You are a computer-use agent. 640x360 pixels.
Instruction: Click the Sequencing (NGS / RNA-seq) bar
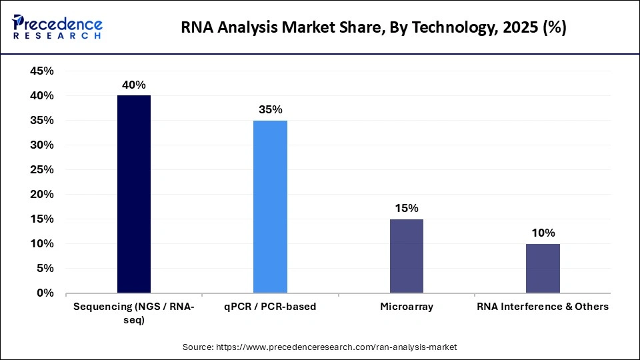coord(134,194)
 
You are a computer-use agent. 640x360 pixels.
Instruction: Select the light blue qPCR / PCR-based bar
coord(270,207)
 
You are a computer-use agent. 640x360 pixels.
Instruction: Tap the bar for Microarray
coord(406,256)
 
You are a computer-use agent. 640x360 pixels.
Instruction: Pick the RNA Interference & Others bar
coord(543,268)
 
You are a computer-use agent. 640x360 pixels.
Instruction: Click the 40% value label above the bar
coord(134,85)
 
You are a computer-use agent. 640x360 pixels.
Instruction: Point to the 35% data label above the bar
coord(270,109)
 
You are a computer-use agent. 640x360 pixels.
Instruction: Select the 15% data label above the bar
coord(406,208)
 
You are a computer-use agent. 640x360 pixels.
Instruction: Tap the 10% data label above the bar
coord(543,233)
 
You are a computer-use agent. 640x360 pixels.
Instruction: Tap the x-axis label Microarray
coord(406,307)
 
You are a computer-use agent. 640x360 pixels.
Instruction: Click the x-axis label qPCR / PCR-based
coord(270,307)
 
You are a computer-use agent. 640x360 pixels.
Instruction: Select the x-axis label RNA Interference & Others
coord(543,307)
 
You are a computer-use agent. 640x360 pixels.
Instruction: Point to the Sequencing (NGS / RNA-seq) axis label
coord(134,313)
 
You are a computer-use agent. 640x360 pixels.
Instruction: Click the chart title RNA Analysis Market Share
coord(373,29)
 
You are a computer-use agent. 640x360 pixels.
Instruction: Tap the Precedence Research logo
coord(57,27)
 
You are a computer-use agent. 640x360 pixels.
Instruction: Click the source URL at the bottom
coord(319,347)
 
